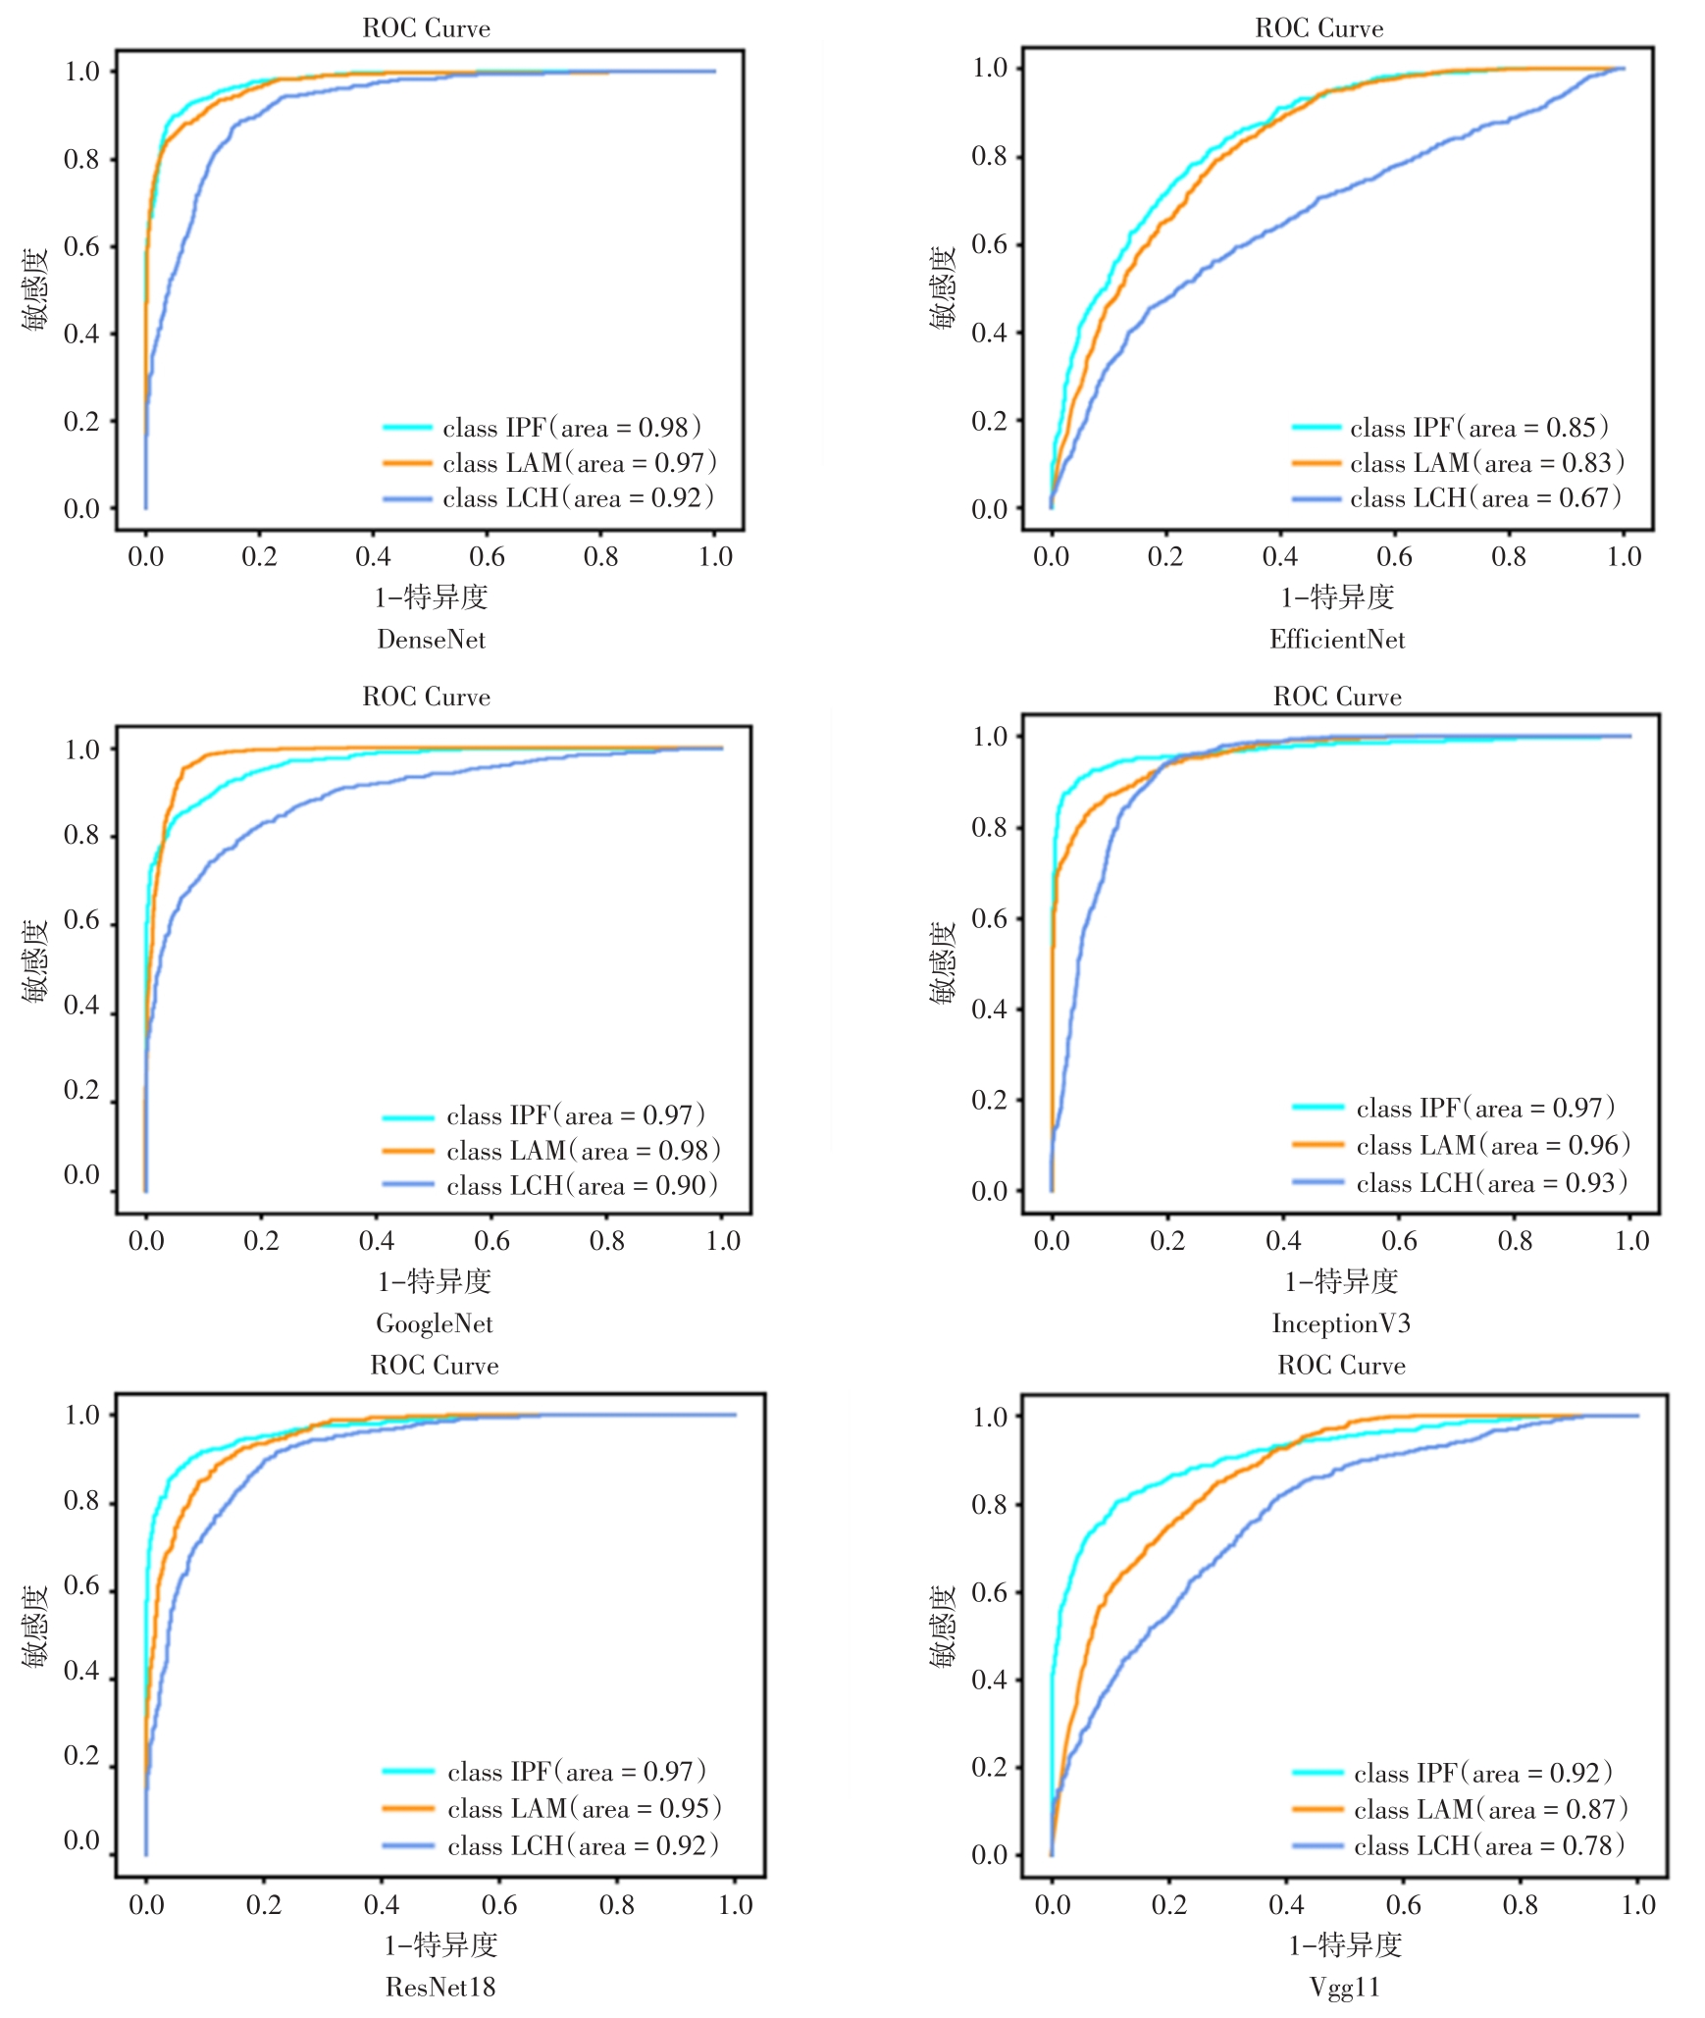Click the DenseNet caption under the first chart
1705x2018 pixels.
pyautogui.click(x=432, y=640)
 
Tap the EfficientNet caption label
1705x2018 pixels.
pyautogui.click(x=1337, y=640)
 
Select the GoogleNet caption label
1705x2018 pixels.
pyautogui.click(x=435, y=1323)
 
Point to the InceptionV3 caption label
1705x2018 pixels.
pyautogui.click(x=1341, y=1323)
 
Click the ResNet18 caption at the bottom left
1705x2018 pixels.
pyautogui.click(x=440, y=1987)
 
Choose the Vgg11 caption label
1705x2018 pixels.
pyautogui.click(x=1345, y=1987)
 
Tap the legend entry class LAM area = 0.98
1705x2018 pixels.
pyautogui.click(x=583, y=1151)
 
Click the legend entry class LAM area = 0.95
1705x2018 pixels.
pyautogui.click(x=584, y=1808)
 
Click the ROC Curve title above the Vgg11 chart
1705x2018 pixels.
pyautogui.click(x=1341, y=1366)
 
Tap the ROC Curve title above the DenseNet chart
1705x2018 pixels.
pyautogui.click(x=427, y=28)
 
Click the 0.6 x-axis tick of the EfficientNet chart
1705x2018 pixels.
pyautogui.click(x=1394, y=557)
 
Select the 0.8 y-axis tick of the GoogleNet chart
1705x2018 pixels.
pyautogui.click(x=81, y=836)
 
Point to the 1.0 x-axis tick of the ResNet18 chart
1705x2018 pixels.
pyautogui.click(x=735, y=1905)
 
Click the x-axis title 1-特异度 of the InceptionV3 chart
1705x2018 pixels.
pyautogui.click(x=1341, y=1281)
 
